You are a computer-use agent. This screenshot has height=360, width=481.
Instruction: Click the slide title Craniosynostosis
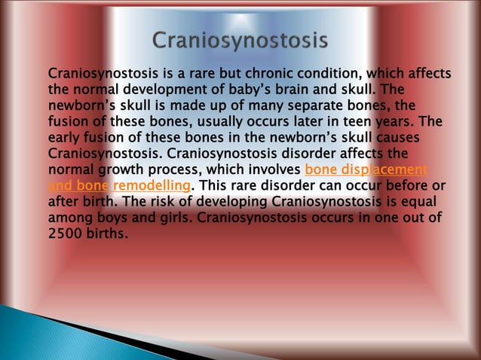240,40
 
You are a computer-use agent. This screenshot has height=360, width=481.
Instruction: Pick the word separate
314,106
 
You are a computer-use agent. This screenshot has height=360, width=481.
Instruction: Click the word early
65,138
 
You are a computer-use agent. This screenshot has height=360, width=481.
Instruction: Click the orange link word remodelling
151,186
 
